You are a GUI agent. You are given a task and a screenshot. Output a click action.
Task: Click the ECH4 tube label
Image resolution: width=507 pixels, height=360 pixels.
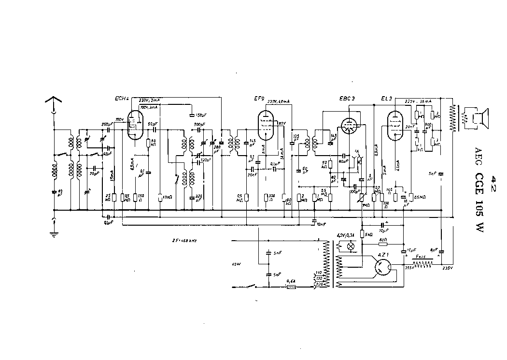tap(122, 99)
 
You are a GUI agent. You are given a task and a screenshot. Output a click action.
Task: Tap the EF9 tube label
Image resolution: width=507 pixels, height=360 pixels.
tap(259, 99)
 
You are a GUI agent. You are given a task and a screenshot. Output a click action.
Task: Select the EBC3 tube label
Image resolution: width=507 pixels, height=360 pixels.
tap(347, 99)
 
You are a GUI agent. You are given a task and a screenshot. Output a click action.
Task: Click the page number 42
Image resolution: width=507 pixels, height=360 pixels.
tap(493, 185)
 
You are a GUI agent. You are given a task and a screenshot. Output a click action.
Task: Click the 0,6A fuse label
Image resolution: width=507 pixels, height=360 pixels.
tap(291, 280)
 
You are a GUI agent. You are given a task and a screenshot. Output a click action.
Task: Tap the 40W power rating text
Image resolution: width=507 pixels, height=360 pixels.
tap(236, 264)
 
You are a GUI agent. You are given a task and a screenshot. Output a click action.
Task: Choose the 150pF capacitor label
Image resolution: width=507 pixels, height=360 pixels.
tap(198, 115)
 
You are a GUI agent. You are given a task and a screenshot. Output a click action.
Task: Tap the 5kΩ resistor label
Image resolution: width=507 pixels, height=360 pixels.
tap(368, 234)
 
